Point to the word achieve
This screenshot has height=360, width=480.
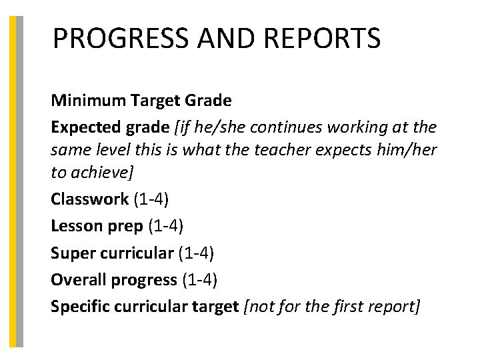[99, 172]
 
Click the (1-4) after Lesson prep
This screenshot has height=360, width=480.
[165, 225]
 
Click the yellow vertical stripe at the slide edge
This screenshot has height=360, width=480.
[12, 180]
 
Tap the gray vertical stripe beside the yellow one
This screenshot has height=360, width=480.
[19, 180]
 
